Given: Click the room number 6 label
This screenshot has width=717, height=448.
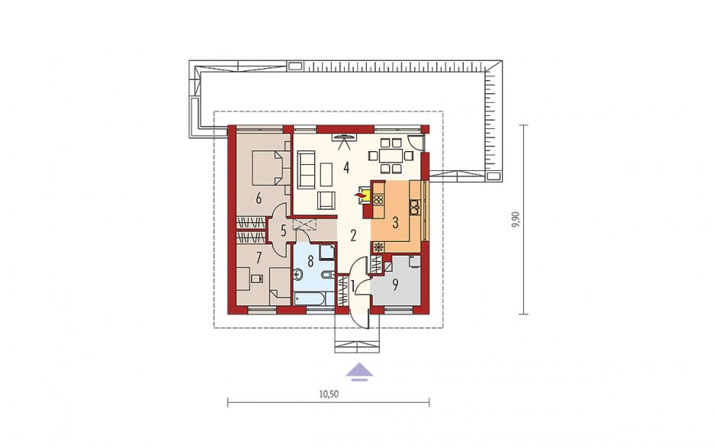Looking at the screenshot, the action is (x=259, y=199).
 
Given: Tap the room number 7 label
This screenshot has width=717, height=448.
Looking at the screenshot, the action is (x=259, y=258).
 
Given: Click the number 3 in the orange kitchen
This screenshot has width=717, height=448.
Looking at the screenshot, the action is (x=396, y=223).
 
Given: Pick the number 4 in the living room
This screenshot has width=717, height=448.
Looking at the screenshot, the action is (x=346, y=168).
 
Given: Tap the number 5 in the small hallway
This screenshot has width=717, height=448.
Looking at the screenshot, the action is (x=283, y=231).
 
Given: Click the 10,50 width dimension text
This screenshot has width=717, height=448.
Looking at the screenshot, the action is (x=329, y=394).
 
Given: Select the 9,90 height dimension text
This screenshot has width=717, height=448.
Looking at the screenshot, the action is (x=516, y=220).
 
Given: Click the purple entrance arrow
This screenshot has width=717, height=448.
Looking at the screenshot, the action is (x=359, y=372).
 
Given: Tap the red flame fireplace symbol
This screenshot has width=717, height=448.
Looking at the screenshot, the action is (x=361, y=196).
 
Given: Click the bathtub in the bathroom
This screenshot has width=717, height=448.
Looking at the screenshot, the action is (x=310, y=298).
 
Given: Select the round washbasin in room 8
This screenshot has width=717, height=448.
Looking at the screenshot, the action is (x=298, y=275).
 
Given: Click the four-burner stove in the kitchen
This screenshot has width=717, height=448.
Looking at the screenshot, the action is (x=378, y=199).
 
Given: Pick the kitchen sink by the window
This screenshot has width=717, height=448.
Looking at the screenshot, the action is (x=414, y=208).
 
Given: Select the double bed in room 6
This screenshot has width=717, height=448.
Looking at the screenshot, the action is (x=270, y=168).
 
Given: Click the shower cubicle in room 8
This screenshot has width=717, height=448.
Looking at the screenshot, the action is (x=326, y=252).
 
